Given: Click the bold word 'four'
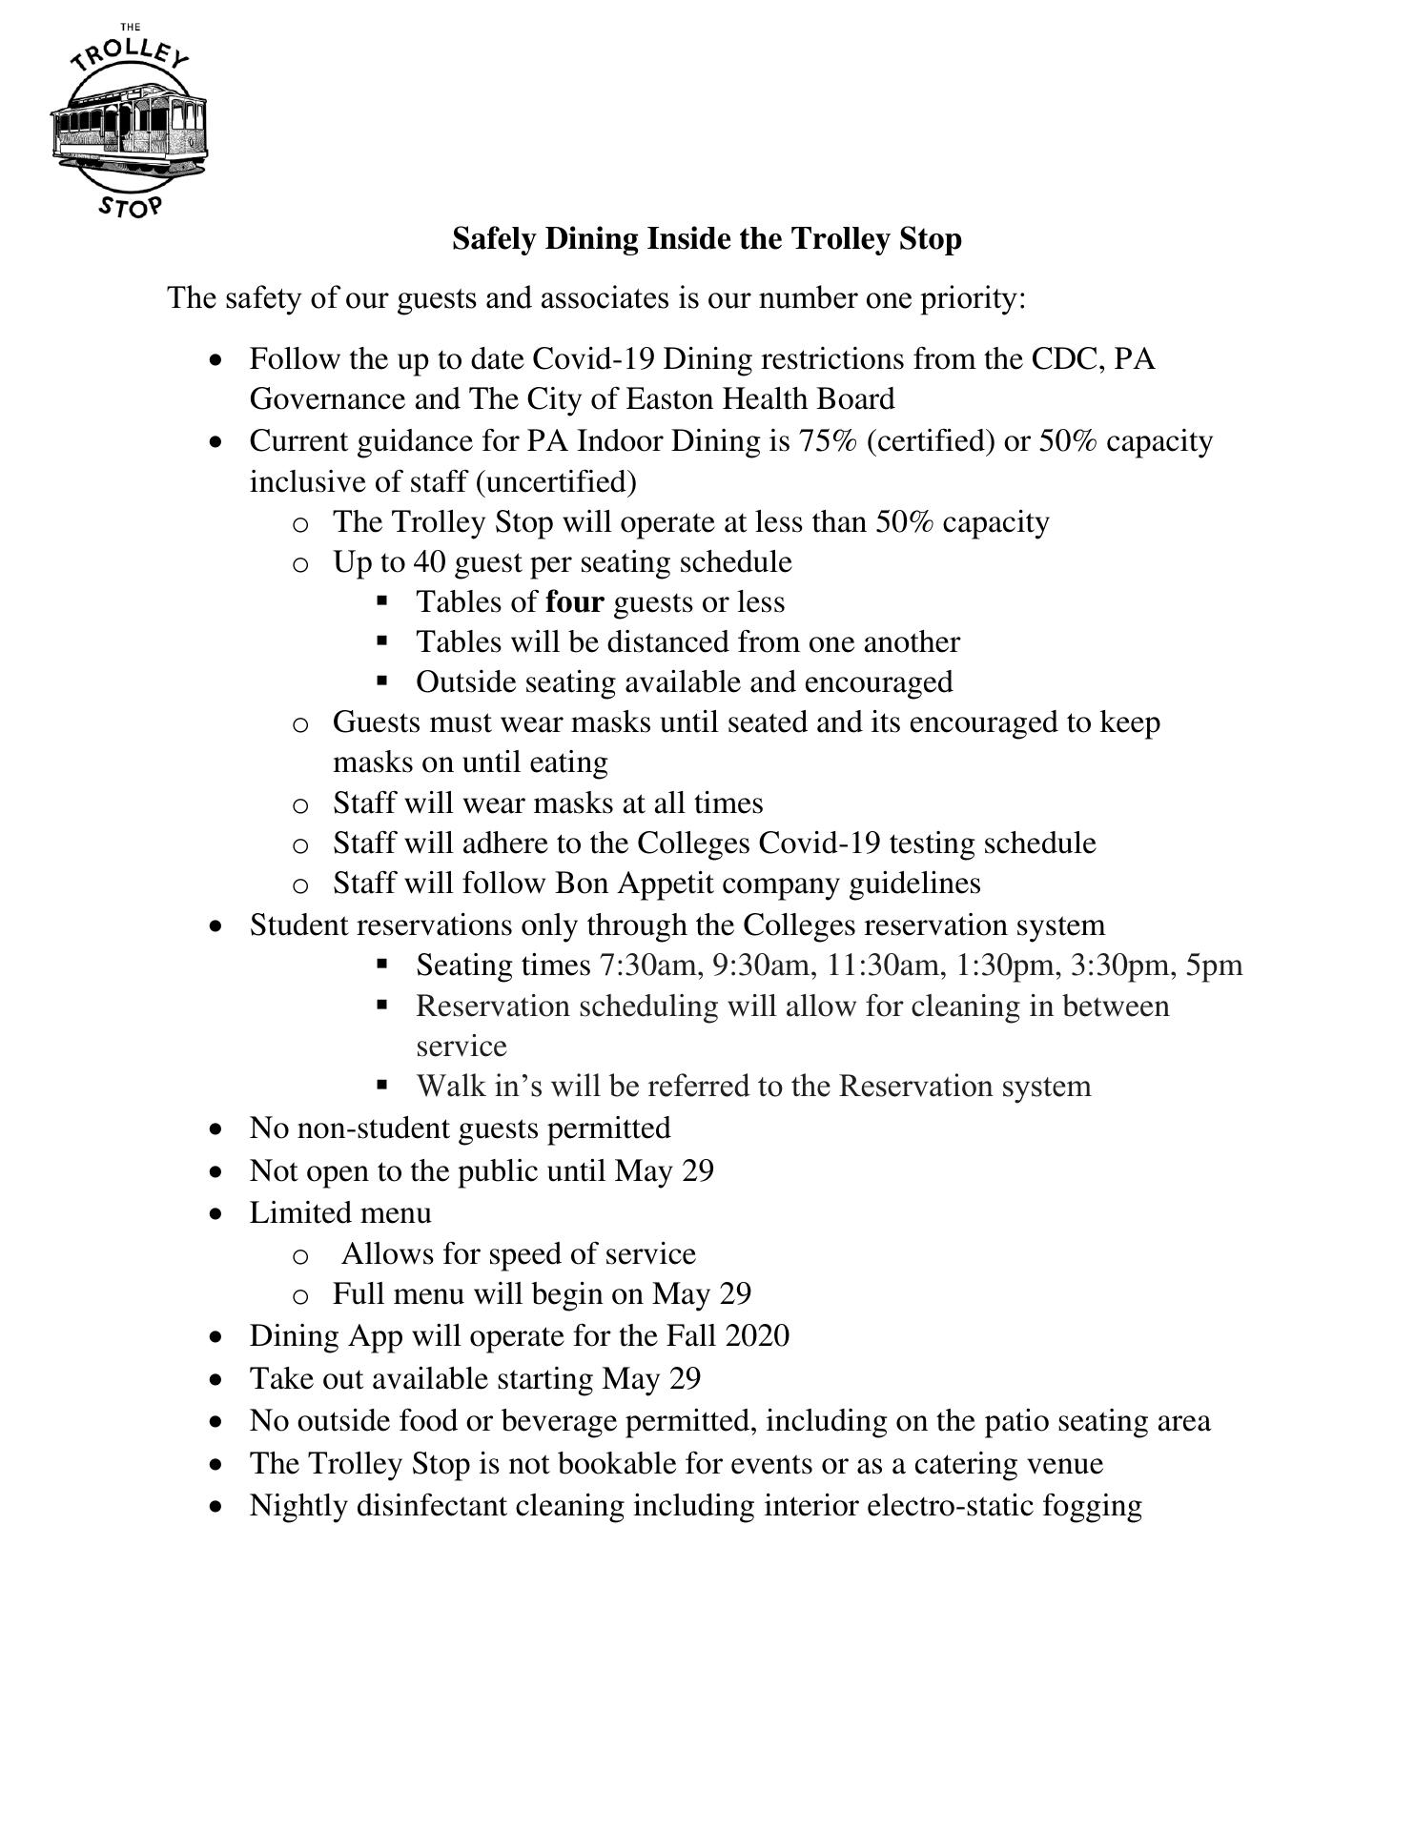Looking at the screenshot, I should (575, 602).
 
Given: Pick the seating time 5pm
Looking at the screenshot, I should (1214, 966).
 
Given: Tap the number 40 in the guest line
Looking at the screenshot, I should (429, 562).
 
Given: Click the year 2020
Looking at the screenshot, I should (757, 1336).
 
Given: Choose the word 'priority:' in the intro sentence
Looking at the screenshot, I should (973, 299).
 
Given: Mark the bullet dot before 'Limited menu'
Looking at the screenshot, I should (219, 1214).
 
